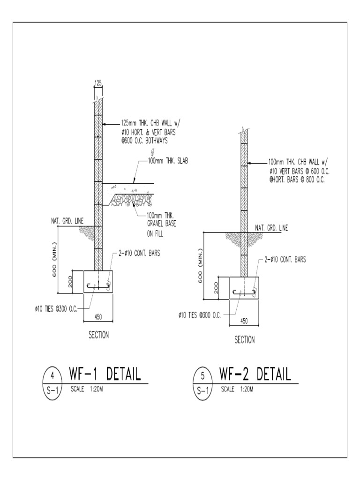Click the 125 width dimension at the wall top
[x=98, y=83]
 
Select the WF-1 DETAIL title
[x=105, y=374]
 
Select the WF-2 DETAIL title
[x=255, y=374]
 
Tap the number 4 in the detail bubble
[x=52, y=375]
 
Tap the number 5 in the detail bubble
[x=202, y=375]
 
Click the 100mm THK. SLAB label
[x=165, y=161]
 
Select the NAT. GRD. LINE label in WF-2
[x=271, y=228]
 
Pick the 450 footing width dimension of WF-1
[x=98, y=316]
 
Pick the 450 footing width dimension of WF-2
[x=244, y=321]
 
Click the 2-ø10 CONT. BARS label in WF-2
[x=285, y=260]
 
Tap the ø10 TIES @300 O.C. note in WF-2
[x=199, y=315]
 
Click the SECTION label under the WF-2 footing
[x=244, y=340]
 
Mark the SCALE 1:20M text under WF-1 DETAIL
[x=87, y=389]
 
